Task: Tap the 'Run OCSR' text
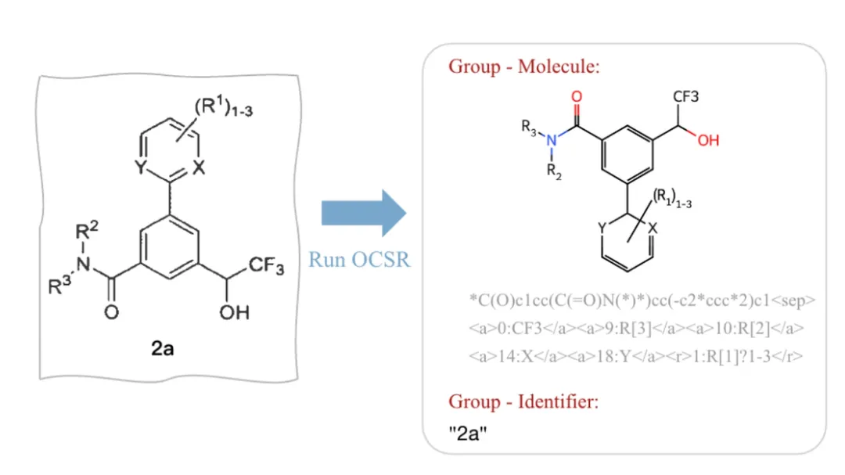[x=359, y=259]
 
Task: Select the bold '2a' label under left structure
[x=163, y=348]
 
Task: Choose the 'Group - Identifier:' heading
[x=523, y=402]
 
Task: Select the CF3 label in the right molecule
[x=685, y=96]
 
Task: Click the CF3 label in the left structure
[x=267, y=268]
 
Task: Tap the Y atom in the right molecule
[x=602, y=228]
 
